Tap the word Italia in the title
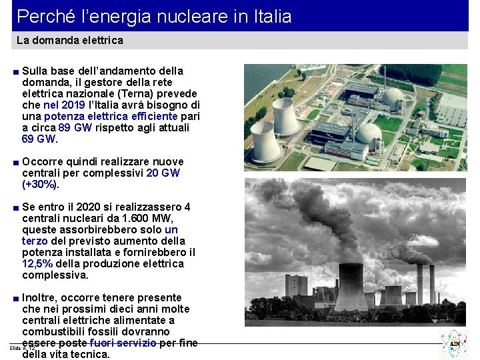coord(269,16)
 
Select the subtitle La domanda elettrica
coord(69,41)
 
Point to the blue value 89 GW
coord(75,128)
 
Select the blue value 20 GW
coord(163,173)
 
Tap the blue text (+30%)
coord(44,185)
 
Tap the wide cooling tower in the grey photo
coord(350,287)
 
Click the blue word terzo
coord(35,241)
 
